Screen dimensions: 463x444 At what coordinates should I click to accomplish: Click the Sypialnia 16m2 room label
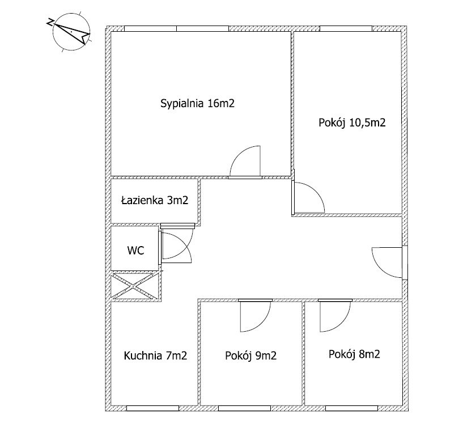click(197, 103)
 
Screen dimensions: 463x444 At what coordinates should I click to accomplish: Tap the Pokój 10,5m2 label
click(352, 122)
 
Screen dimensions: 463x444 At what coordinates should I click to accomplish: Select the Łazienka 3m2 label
click(155, 201)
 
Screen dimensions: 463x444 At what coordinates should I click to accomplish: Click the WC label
click(135, 251)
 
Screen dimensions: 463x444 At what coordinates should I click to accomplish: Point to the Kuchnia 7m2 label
click(155, 356)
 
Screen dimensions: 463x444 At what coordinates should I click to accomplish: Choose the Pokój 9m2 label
click(250, 356)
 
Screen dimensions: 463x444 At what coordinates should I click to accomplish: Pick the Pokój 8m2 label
click(354, 354)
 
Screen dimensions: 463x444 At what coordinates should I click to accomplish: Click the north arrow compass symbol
click(71, 31)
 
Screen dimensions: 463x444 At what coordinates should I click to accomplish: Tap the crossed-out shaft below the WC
click(135, 286)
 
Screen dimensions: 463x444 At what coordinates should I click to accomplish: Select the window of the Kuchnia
click(152, 408)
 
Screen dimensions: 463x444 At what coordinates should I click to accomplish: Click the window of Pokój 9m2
click(244, 408)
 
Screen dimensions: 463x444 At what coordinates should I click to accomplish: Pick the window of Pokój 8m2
click(352, 408)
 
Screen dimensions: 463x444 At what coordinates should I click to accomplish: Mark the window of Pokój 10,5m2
click(346, 29)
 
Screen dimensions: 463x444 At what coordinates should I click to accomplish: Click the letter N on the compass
click(50, 23)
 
